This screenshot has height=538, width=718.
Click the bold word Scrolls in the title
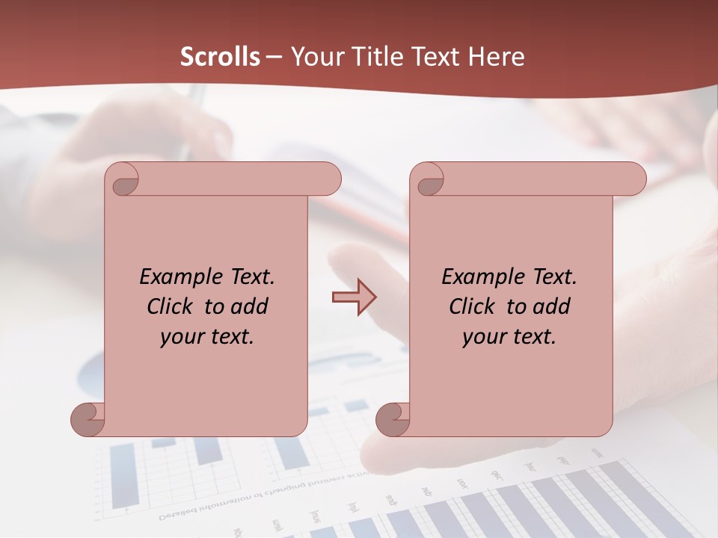coord(221,57)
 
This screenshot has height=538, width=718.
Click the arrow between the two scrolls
coord(354,297)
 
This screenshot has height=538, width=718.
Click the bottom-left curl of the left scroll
coord(87,418)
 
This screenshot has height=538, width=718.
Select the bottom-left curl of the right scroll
coord(392,418)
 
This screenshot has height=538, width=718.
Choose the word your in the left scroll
coord(181,337)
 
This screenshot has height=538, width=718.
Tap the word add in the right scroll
coord(552,307)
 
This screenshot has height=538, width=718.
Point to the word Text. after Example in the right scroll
coord(550,277)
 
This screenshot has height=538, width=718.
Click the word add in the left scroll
coord(250,307)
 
